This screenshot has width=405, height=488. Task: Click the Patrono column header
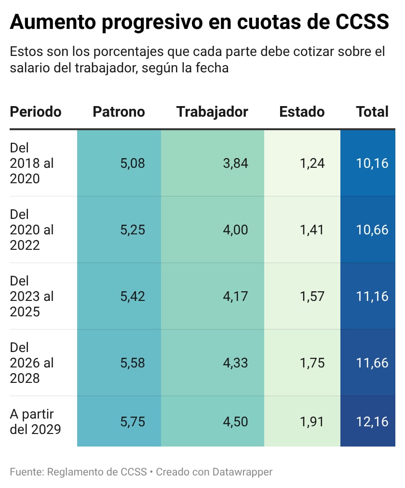pos(119,112)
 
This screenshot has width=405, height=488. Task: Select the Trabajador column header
pos(212,112)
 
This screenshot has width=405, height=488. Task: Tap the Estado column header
pos(302,112)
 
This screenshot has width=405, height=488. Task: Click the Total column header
pos(372,112)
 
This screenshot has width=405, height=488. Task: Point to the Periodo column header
pos(36,112)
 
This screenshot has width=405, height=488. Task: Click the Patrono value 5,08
pos(133,163)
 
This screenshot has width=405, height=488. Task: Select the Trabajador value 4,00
pos(235,230)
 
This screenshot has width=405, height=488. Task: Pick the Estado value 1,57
pos(312,297)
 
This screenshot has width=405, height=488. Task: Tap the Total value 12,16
pos(372,422)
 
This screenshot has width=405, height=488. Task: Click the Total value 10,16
pos(372,163)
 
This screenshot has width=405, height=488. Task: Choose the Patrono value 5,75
pos(133,422)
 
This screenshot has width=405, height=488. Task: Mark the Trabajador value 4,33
pos(235,363)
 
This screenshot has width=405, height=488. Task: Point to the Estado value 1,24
pos(312,163)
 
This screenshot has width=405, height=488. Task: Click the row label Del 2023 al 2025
pos(32,297)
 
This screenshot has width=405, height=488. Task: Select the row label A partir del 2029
pos(35,422)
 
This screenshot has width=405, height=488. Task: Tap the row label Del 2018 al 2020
pos(32,163)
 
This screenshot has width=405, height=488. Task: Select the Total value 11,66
pos(372,363)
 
